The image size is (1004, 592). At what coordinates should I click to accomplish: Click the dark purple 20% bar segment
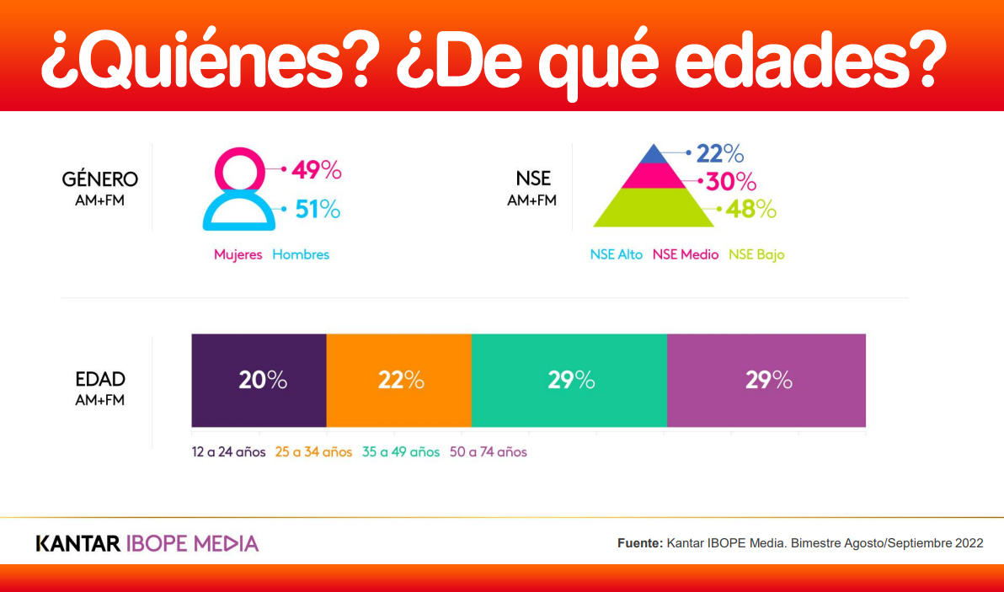(259, 381)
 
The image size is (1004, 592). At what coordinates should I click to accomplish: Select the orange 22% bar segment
(398, 381)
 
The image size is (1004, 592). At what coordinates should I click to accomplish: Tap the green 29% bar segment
(569, 381)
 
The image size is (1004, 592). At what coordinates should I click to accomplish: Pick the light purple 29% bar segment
(766, 381)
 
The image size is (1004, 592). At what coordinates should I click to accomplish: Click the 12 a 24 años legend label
(228, 452)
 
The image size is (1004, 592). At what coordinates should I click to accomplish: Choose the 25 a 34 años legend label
(313, 452)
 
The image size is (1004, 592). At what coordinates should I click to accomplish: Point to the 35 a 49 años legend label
(401, 452)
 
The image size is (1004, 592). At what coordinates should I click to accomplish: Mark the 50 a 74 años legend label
(489, 452)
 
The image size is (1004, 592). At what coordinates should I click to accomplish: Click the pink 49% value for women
(317, 170)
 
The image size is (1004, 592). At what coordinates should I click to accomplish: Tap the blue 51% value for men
(318, 209)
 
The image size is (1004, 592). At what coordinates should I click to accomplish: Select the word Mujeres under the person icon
(238, 254)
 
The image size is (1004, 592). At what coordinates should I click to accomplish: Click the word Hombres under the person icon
(301, 254)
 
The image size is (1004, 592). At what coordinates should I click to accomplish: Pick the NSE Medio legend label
(686, 254)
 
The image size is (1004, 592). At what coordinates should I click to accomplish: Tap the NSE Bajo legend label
(756, 254)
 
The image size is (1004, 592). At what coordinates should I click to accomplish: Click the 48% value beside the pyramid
(751, 209)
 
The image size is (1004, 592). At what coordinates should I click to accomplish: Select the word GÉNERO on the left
(100, 179)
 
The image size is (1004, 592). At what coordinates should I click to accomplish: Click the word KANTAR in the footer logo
(77, 543)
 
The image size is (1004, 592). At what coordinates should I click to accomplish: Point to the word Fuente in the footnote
(639, 543)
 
